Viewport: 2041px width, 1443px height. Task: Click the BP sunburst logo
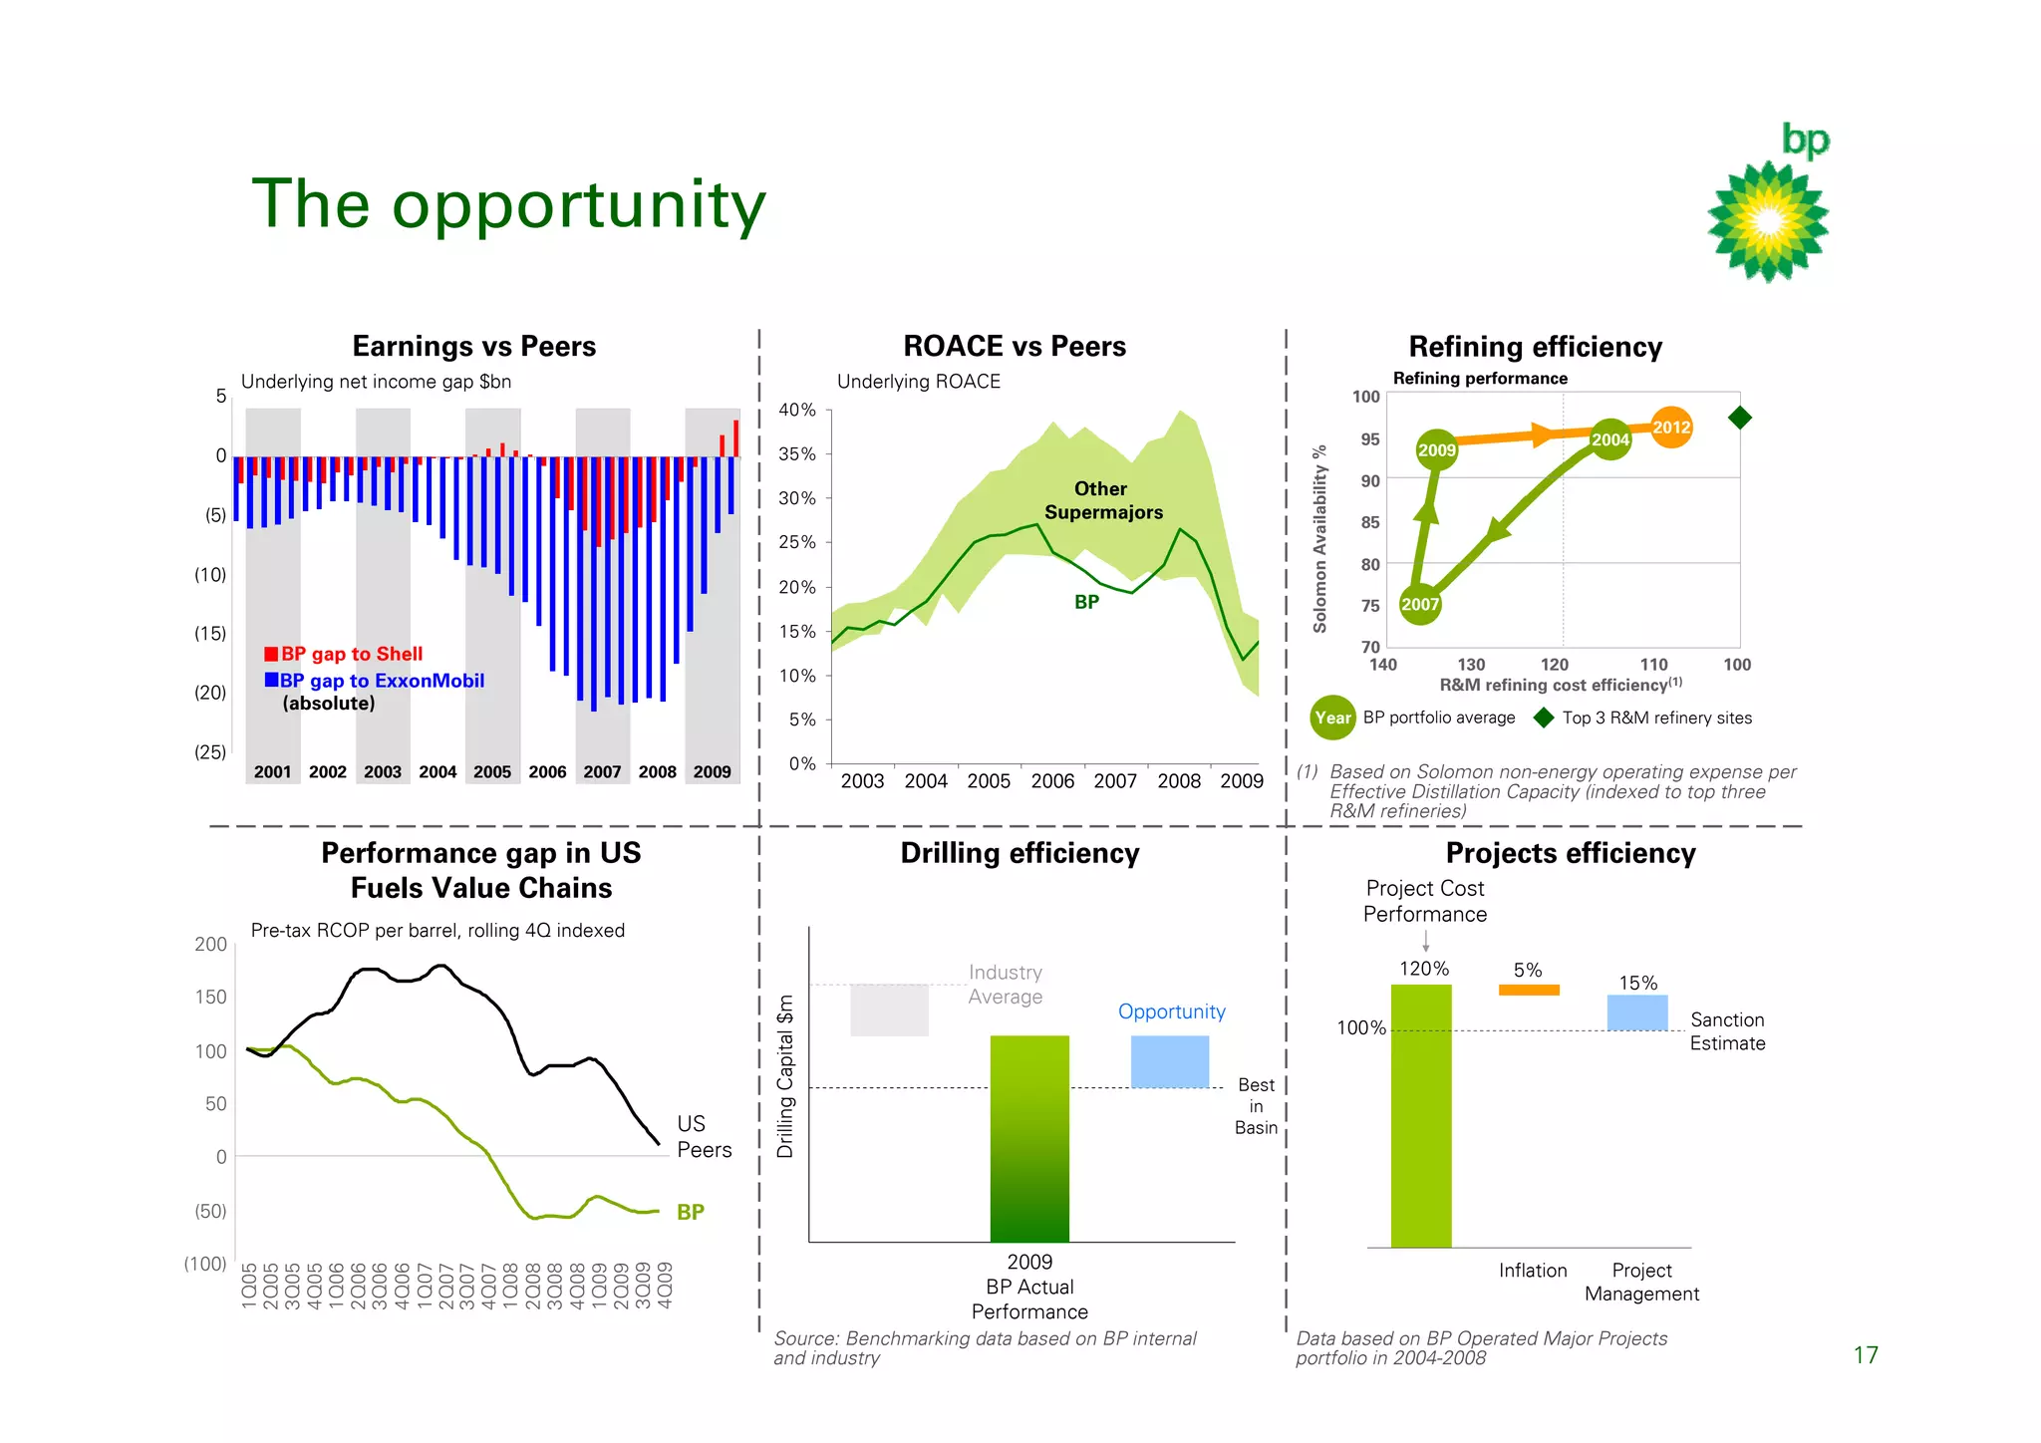(x=1768, y=220)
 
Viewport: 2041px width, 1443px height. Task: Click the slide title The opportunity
(x=508, y=204)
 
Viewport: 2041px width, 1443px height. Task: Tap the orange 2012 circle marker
(x=1671, y=428)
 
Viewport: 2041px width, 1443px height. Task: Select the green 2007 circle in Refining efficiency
(x=1420, y=604)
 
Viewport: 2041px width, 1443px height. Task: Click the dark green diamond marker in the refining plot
(x=1739, y=418)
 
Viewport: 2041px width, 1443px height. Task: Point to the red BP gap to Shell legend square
(x=271, y=654)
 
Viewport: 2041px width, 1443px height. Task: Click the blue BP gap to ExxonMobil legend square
(x=271, y=680)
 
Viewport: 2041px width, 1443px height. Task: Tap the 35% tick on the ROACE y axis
(x=797, y=454)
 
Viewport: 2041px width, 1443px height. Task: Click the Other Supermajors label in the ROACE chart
(x=1102, y=500)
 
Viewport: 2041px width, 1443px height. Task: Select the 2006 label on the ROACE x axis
(x=1052, y=781)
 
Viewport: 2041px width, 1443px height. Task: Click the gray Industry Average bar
(x=889, y=1010)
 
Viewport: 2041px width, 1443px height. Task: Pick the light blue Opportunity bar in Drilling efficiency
(x=1169, y=1061)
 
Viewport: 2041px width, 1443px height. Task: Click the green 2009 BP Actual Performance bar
(x=1029, y=1138)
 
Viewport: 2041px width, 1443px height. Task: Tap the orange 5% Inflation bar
(x=1529, y=990)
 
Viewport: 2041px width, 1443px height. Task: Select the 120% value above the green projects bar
(x=1424, y=969)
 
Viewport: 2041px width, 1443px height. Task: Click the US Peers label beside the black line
(x=704, y=1137)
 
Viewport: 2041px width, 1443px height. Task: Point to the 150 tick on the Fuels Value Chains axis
(x=211, y=998)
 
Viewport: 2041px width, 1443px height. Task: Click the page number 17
(x=1865, y=1355)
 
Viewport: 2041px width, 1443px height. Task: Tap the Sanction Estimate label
(x=1727, y=1031)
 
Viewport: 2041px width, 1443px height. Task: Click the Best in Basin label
(x=1256, y=1106)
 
